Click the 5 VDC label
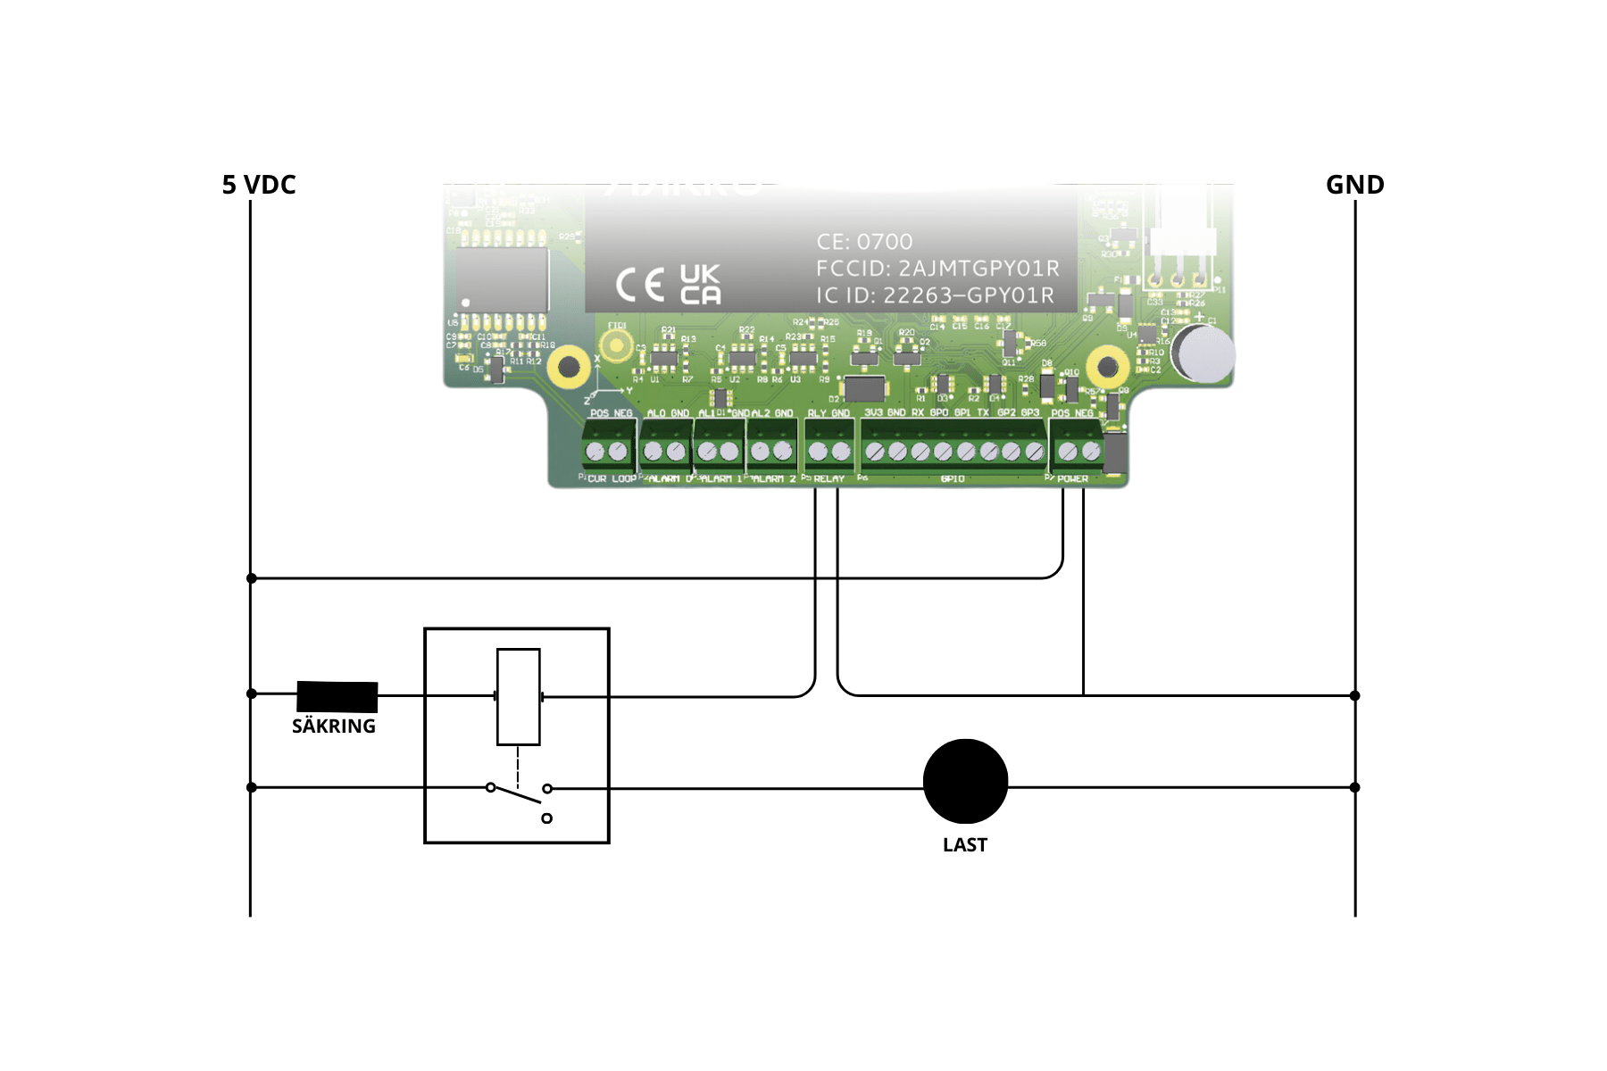pyautogui.click(x=259, y=185)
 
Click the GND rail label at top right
pyautogui.click(x=1354, y=185)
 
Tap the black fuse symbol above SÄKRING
pyautogui.click(x=337, y=696)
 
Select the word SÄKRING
pyautogui.click(x=334, y=726)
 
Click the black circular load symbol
pyautogui.click(x=965, y=782)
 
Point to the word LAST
pyautogui.click(x=965, y=845)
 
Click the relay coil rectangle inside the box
pyautogui.click(x=518, y=696)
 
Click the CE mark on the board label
pyautogui.click(x=640, y=285)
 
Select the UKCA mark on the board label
pyautogui.click(x=700, y=285)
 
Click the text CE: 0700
pyautogui.click(x=864, y=242)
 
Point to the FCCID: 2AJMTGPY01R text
pyautogui.click(x=937, y=269)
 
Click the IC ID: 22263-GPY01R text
pyautogui.click(x=935, y=295)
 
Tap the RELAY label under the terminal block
pyautogui.click(x=828, y=479)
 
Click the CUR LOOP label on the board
pyautogui.click(x=612, y=479)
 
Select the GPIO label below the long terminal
pyautogui.click(x=953, y=479)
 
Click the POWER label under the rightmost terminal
pyautogui.click(x=1072, y=479)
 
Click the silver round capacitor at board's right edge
pyautogui.click(x=1205, y=353)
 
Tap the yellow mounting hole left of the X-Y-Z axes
pyautogui.click(x=568, y=366)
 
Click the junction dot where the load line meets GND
pyautogui.click(x=1354, y=787)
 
